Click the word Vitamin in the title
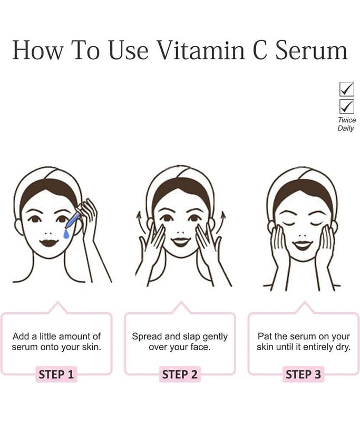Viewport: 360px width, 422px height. [201, 50]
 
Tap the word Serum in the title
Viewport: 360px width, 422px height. [312, 50]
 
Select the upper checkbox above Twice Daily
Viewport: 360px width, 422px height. [346, 89]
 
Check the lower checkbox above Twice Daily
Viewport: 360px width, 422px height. [346, 107]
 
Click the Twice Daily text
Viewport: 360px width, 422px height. [346, 124]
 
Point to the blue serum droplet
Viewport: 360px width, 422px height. [66, 234]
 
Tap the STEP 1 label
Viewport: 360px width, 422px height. [56, 375]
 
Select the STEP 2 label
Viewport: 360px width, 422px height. [180, 375]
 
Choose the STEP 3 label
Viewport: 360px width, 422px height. [303, 375]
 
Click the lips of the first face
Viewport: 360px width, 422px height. [48, 243]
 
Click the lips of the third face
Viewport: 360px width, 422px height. [302, 245]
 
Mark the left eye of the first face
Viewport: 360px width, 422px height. [34, 219]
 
